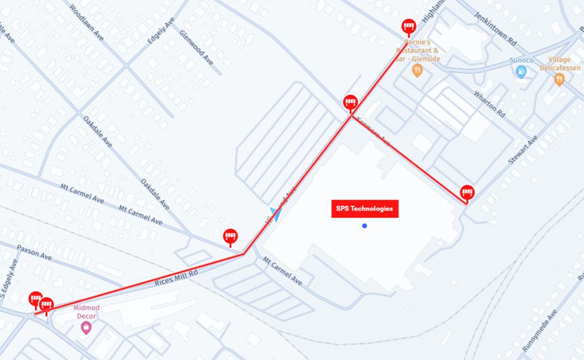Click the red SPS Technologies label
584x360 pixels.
click(x=364, y=209)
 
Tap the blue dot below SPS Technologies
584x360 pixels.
click(x=364, y=226)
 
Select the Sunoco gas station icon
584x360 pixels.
click(x=521, y=72)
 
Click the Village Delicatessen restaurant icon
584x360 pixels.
click(x=558, y=80)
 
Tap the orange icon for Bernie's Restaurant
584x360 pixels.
click(x=417, y=70)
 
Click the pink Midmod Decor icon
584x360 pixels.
click(x=85, y=328)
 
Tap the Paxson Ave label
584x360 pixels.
click(x=34, y=252)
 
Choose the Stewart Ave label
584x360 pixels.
click(x=523, y=149)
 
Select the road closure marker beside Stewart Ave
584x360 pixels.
click(x=467, y=192)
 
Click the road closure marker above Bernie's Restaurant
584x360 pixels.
click(x=408, y=26)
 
